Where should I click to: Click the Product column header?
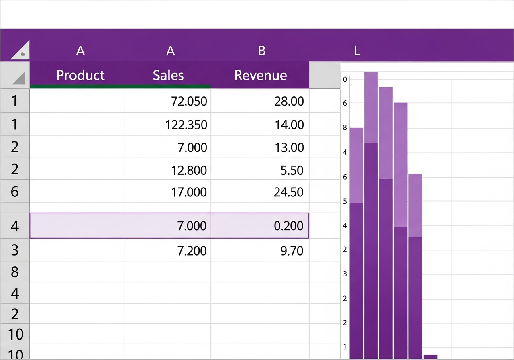click(80, 75)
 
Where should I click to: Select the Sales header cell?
click(168, 75)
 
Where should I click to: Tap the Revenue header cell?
click(261, 75)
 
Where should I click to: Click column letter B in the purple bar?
click(262, 51)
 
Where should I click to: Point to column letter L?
click(357, 51)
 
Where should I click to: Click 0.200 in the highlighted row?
click(289, 226)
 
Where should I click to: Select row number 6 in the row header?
click(15, 192)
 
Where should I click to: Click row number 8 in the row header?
click(15, 272)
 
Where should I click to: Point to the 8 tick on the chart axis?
click(345, 128)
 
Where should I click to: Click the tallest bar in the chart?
click(371, 215)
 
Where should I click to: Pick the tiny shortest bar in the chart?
click(430, 357)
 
